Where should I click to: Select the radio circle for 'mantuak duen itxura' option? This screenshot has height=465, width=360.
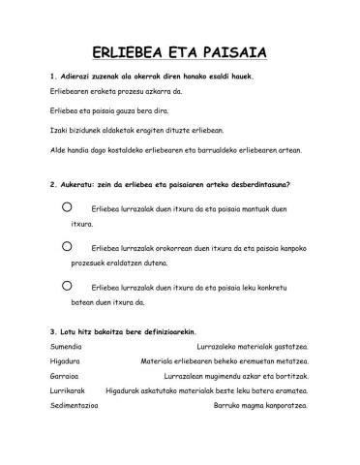click(x=66, y=207)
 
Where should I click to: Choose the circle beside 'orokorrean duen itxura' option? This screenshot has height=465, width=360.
click(x=66, y=247)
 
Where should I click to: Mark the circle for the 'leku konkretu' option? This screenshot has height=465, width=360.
click(x=66, y=286)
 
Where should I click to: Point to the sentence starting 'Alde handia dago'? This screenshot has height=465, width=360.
click(x=174, y=150)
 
